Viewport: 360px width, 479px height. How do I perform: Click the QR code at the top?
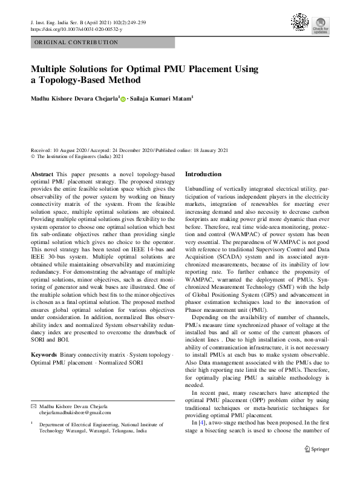(x=300, y=22)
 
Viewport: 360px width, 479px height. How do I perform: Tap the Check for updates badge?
(x=321, y=24)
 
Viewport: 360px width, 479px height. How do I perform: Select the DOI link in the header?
(x=76, y=28)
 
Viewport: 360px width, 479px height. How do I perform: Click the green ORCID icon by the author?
(x=124, y=99)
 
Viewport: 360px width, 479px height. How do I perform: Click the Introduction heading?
(x=203, y=174)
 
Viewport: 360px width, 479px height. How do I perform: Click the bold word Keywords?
(x=44, y=352)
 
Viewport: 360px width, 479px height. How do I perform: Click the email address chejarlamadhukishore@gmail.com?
(x=76, y=412)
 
